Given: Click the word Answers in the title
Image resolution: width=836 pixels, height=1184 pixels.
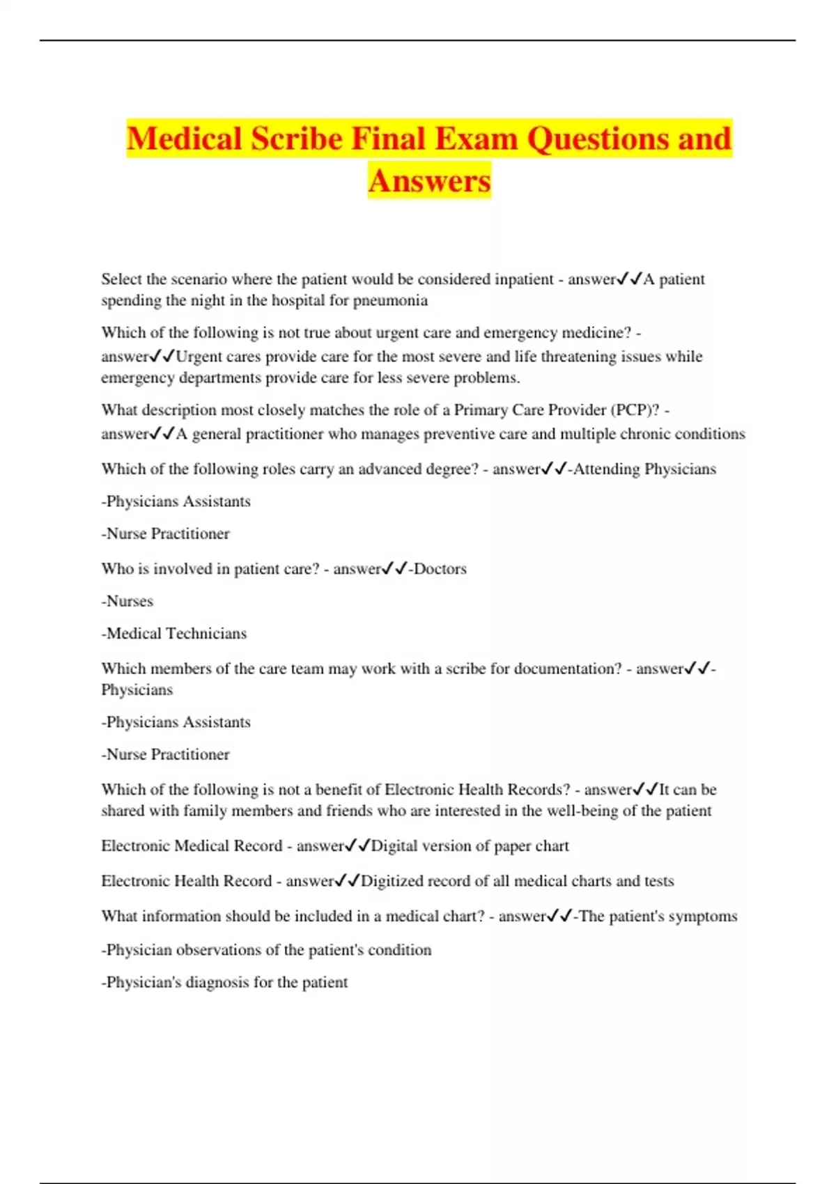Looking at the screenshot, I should coord(429,181).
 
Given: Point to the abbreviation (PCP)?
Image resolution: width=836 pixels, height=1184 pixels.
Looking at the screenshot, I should coord(635,410).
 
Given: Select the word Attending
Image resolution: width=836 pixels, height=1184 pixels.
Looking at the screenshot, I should coord(606,469).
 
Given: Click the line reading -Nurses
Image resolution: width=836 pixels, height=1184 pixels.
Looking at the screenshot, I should coord(127,601).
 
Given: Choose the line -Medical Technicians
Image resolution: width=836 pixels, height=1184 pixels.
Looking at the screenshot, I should coord(173,633).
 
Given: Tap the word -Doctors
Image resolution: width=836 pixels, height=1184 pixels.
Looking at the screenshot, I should coord(438,569).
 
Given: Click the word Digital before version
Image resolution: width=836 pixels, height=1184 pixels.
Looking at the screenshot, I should coord(394,846).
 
